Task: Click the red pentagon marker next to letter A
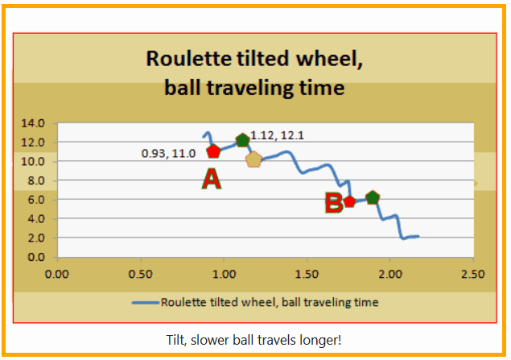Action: (213, 151)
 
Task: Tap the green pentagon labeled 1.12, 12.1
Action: (242, 140)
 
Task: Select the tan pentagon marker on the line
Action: (254, 159)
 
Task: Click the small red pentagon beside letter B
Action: (350, 201)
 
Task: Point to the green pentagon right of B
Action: (372, 197)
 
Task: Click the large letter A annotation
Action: (211, 180)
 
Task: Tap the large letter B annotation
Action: (333, 203)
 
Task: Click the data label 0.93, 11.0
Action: (168, 153)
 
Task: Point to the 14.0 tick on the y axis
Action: (38, 124)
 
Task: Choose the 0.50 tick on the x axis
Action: (141, 274)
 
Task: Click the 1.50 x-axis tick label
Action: (307, 274)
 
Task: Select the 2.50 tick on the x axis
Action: (472, 274)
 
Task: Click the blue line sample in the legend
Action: (146, 303)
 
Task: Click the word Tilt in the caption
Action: (179, 340)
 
